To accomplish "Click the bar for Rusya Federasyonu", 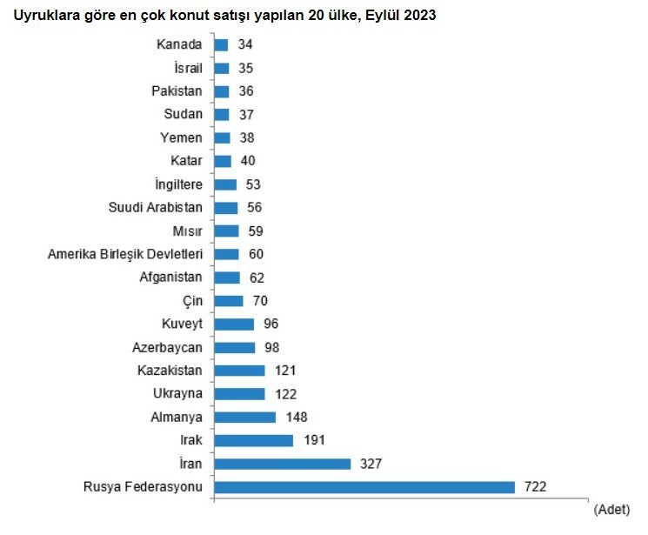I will tap(364, 487).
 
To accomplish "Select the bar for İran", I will tap(282, 464).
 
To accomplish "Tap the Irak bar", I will tap(253, 440).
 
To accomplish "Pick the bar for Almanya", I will tap(244, 417).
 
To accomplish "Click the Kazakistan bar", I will tap(239, 371).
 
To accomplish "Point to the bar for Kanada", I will tap(221, 44).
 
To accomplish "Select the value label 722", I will tap(534, 487).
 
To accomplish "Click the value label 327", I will tap(370, 464).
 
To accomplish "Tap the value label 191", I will tap(313, 440).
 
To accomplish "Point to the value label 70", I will tap(258, 301).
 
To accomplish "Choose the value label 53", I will tap(252, 184).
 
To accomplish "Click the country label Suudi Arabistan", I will tap(156, 207).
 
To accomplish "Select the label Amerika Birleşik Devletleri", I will tap(125, 254).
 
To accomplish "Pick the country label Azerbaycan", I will tap(170, 347).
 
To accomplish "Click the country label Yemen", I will tap(182, 137).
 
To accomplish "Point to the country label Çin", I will tap(192, 301).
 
